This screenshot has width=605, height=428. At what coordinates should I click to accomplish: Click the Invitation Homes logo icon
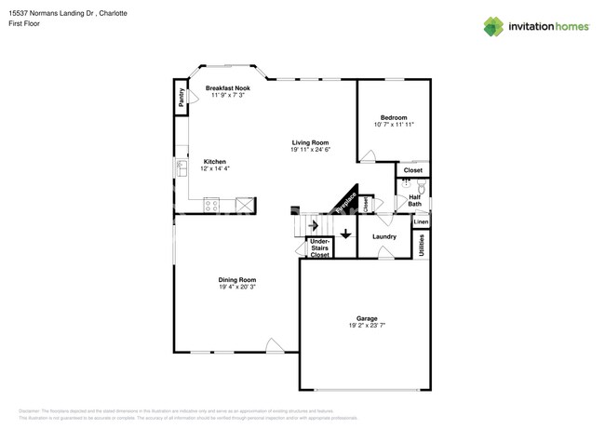point(493,26)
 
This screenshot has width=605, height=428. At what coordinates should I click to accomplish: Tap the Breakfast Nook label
point(227,88)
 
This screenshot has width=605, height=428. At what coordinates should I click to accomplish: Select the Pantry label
point(181,100)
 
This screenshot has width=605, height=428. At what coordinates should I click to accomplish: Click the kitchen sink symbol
point(181,168)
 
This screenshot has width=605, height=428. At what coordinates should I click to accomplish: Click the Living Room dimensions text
point(310,150)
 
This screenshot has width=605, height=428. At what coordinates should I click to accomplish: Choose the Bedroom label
point(394,118)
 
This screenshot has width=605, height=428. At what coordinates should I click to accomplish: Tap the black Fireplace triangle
point(347,200)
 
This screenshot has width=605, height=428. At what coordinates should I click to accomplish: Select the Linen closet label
point(421,222)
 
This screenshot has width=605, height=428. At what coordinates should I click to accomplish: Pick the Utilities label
point(422,244)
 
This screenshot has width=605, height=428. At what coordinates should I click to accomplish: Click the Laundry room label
point(384,236)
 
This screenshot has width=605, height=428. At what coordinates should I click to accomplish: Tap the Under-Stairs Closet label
point(319,247)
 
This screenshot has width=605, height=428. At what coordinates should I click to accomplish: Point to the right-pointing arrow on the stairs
point(314,225)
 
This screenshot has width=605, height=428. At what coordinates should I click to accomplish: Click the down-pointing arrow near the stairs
point(345,234)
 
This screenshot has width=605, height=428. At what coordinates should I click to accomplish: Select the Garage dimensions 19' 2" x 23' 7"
point(367,326)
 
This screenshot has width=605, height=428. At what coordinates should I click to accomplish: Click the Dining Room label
point(236,279)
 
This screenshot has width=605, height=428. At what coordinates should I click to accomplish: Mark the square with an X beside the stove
point(245,205)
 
